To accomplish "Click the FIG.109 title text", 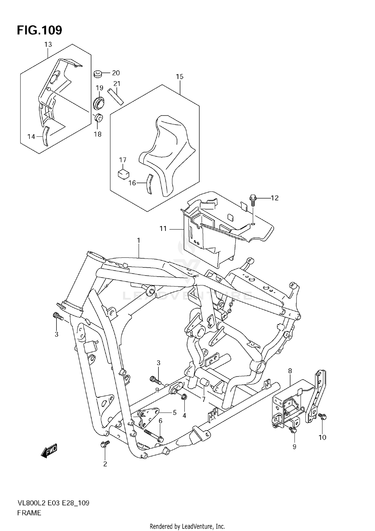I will point(39,30).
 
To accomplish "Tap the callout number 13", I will point(48,44).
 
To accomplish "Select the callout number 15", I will point(179,76).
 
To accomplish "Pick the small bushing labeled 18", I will point(99,117).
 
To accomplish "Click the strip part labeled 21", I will point(115,96).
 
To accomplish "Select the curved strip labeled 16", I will point(149,184).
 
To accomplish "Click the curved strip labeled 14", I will point(45,136).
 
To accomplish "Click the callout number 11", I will point(163,229).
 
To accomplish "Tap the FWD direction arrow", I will point(49,451).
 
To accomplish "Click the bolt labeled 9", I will point(293,430).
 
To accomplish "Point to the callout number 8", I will point(290,371).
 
